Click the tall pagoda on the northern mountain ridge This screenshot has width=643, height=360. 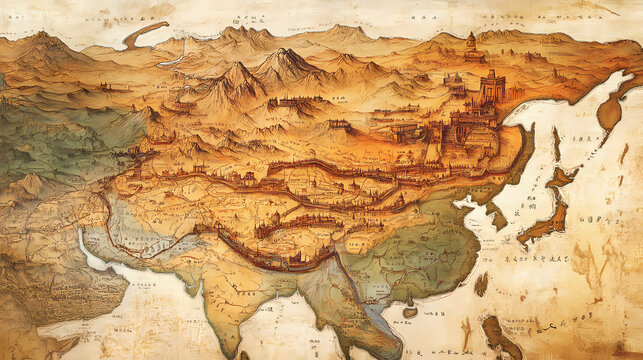(x=471, y=42)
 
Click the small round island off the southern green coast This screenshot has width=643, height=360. (x=408, y=313)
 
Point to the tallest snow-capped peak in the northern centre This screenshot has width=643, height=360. (x=284, y=62)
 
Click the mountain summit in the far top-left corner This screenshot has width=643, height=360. (x=43, y=41)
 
